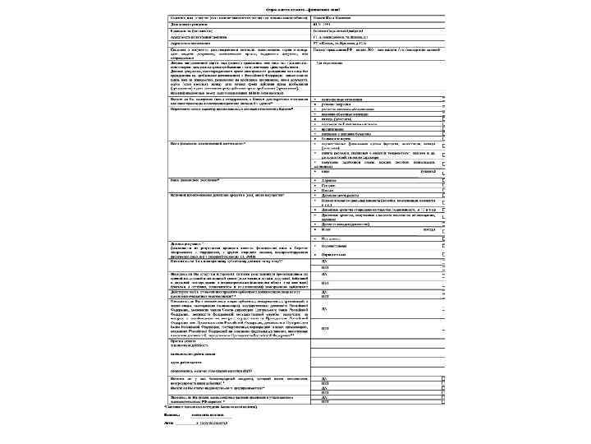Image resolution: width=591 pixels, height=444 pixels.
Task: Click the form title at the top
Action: click(x=295, y=7)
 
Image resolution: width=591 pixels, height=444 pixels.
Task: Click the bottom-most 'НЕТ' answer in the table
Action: click(x=325, y=401)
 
